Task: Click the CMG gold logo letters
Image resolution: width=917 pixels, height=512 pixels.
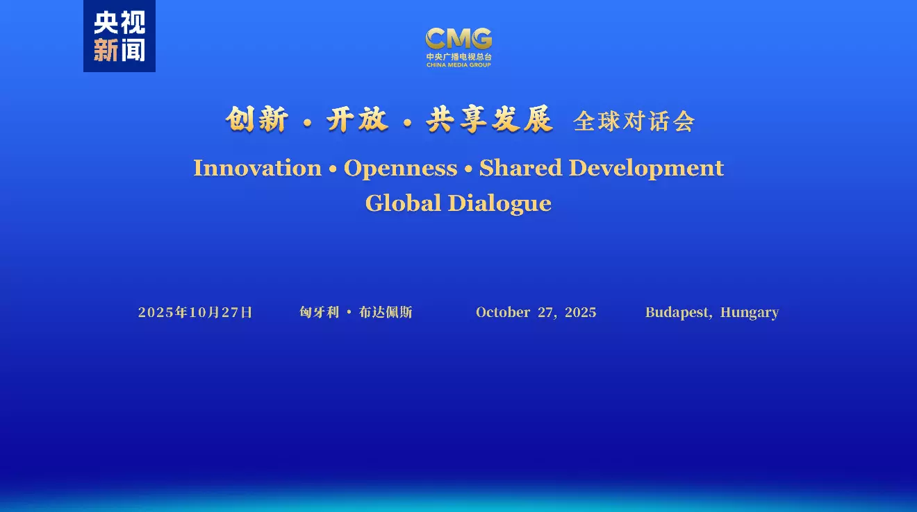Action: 458,38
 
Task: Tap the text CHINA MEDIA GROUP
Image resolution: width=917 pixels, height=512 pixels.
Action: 458,65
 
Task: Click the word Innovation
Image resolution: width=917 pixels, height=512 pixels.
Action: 258,168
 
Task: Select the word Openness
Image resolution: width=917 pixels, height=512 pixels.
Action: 400,169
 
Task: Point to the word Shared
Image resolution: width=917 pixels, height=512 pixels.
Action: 520,168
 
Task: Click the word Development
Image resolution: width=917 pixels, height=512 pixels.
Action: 646,169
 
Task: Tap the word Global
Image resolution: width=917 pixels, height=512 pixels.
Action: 403,203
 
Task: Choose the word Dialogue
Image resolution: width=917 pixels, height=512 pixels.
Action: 499,204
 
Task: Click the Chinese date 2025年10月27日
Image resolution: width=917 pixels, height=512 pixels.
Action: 195,312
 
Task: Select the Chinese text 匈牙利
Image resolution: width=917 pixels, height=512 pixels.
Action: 320,312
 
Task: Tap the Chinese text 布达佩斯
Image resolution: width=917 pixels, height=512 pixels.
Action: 386,312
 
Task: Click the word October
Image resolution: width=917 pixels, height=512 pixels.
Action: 503,312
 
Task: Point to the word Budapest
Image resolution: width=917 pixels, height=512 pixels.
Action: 677,313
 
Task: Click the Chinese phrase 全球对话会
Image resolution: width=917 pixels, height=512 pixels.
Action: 634,121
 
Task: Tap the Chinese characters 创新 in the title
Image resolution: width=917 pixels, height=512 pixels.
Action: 256,119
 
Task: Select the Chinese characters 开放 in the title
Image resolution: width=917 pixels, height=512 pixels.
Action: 357,119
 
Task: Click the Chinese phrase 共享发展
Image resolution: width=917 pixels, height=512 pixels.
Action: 489,119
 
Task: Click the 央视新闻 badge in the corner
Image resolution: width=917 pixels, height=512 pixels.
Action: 119,36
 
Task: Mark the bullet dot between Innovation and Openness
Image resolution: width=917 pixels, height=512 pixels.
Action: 333,169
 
